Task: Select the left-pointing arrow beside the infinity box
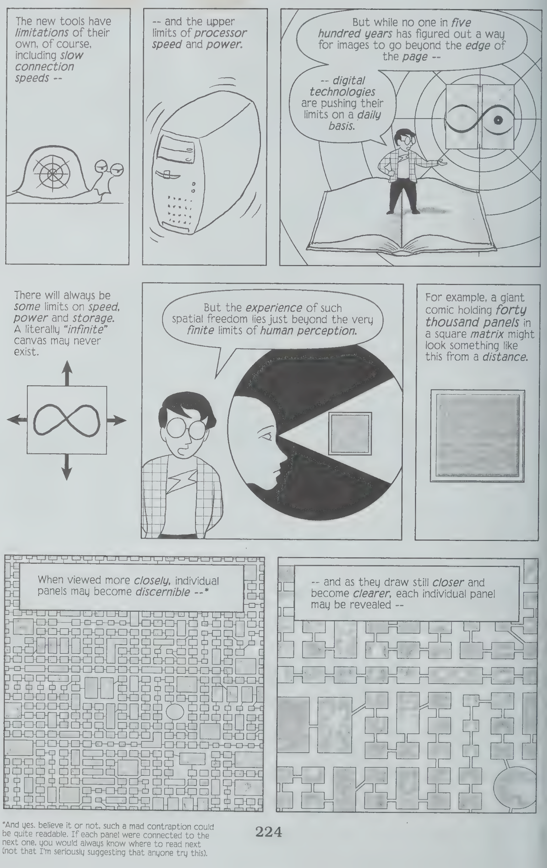click(17, 419)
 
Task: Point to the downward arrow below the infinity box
click(67, 467)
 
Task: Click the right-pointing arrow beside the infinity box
click(116, 420)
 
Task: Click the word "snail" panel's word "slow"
click(72, 55)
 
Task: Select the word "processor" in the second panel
click(220, 33)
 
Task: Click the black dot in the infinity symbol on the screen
click(498, 120)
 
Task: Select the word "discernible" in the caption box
click(162, 592)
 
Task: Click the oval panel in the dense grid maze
click(175, 712)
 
